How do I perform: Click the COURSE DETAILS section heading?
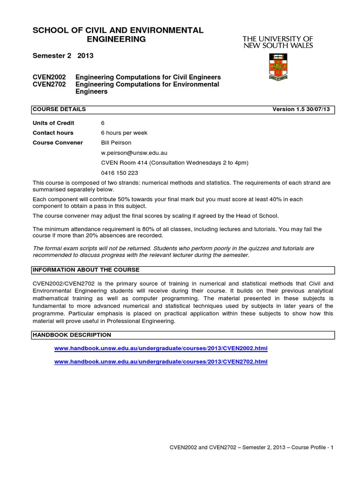tap(59, 109)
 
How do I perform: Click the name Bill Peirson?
tap(117, 142)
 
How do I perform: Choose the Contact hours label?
tap(53, 133)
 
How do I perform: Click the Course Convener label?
tap(58, 142)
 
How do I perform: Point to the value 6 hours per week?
tap(124, 133)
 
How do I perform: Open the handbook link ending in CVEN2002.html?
tap(161, 349)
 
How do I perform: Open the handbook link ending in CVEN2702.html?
tap(161, 362)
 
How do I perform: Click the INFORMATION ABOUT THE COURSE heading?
tap(86, 270)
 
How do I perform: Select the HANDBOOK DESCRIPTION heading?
tap(72, 335)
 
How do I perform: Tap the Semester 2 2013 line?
tap(63, 55)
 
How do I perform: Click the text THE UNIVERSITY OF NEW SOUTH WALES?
tap(277, 41)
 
